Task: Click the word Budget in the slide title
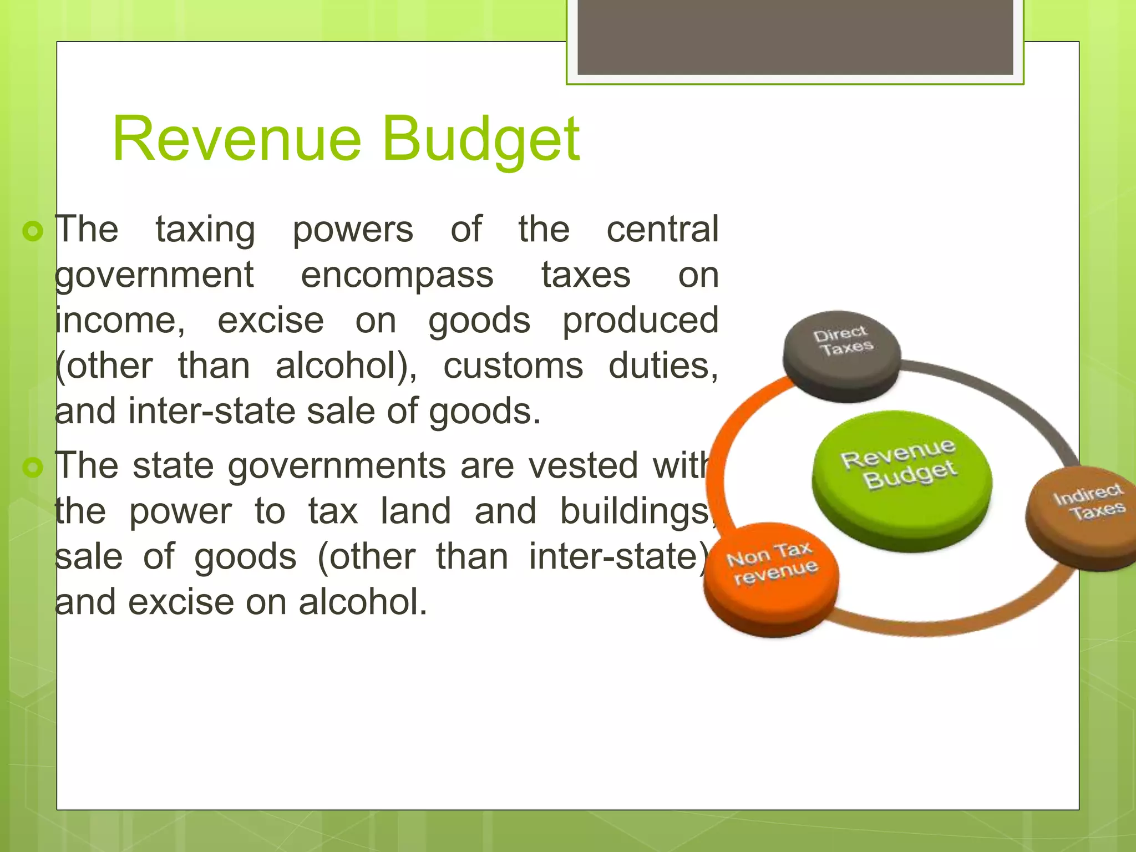click(x=480, y=139)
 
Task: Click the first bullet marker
click(x=33, y=231)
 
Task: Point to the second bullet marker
click(x=33, y=467)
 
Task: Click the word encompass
click(x=397, y=275)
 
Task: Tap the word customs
click(x=513, y=366)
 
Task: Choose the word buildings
click(x=636, y=511)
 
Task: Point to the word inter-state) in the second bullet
click(x=618, y=556)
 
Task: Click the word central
click(x=662, y=229)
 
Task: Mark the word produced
click(x=640, y=321)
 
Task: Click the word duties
click(x=663, y=366)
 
